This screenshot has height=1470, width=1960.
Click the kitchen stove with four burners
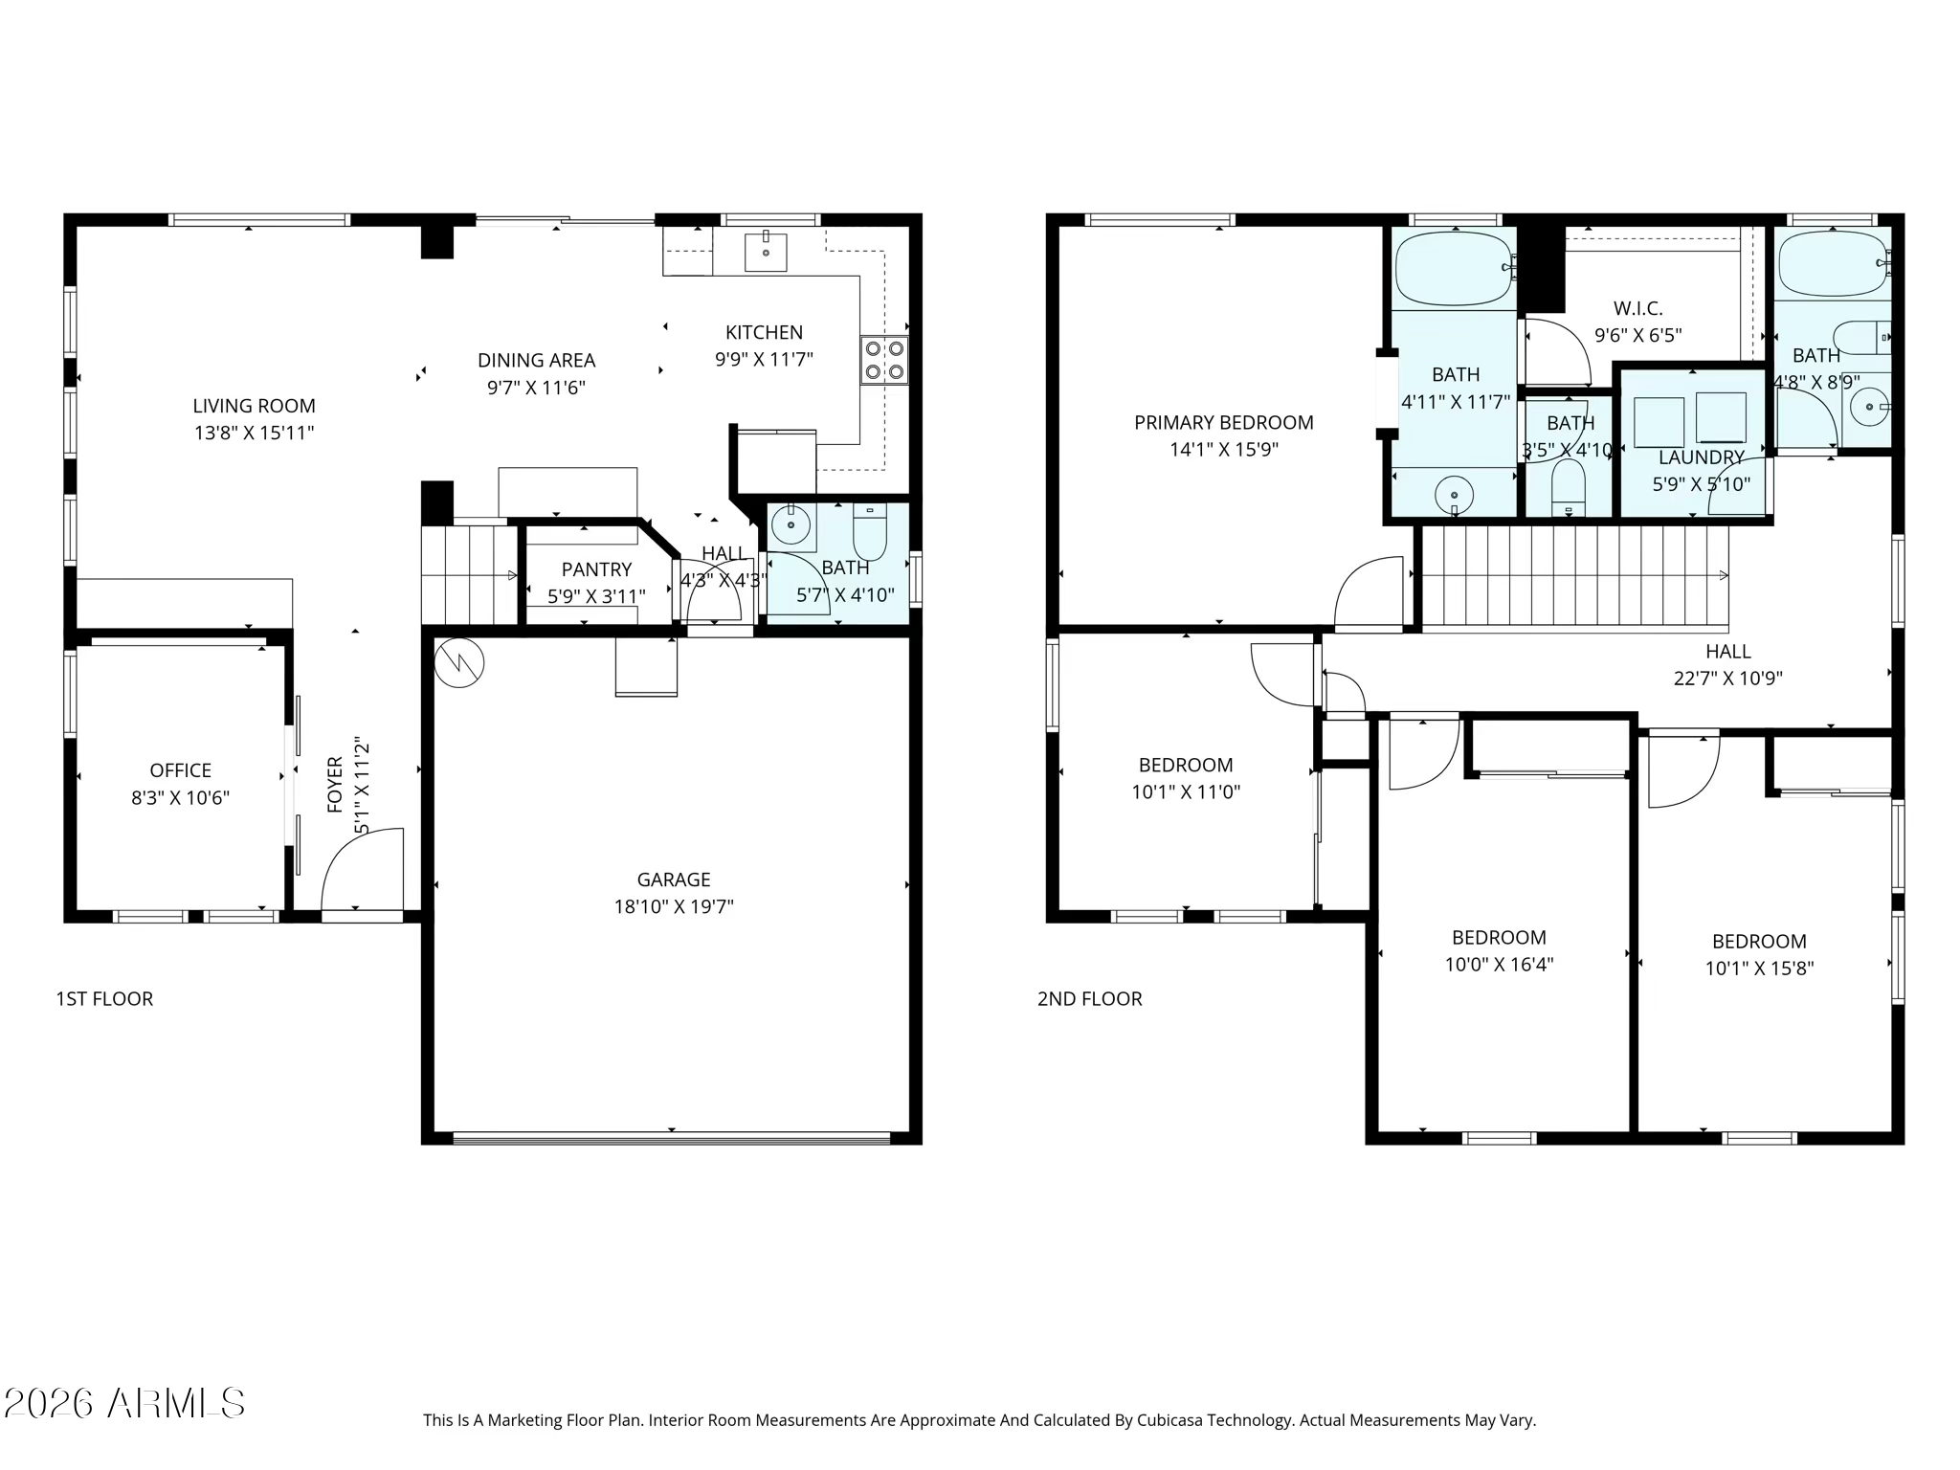pyautogui.click(x=884, y=360)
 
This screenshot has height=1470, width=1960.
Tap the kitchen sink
pyautogui.click(x=766, y=253)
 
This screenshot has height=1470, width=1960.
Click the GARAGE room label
pyautogui.click(x=674, y=880)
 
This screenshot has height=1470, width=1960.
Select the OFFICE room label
pyautogui.click(x=181, y=770)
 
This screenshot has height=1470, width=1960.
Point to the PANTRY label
pyautogui.click(x=596, y=569)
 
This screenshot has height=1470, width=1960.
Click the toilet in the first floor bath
pyautogui.click(x=870, y=531)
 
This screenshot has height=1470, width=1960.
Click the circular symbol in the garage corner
pyautogui.click(x=459, y=662)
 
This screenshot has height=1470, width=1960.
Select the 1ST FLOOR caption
pyautogui.click(x=104, y=999)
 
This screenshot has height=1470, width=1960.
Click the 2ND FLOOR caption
pyautogui.click(x=1090, y=999)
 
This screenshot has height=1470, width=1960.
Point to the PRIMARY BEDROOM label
pyautogui.click(x=1224, y=422)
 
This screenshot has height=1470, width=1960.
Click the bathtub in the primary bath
pyautogui.click(x=1454, y=268)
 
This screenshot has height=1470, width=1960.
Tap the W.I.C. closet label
pyautogui.click(x=1638, y=308)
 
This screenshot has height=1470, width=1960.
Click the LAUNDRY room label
pyautogui.click(x=1702, y=457)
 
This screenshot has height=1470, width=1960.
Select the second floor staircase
pyautogui.click(x=1575, y=578)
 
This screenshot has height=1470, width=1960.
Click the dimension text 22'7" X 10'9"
pyautogui.click(x=1728, y=679)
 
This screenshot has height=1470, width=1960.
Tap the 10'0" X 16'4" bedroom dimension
pyautogui.click(x=1499, y=965)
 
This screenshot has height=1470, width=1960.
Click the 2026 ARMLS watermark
pyautogui.click(x=124, y=1404)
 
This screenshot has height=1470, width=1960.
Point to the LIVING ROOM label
pyautogui.click(x=254, y=406)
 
